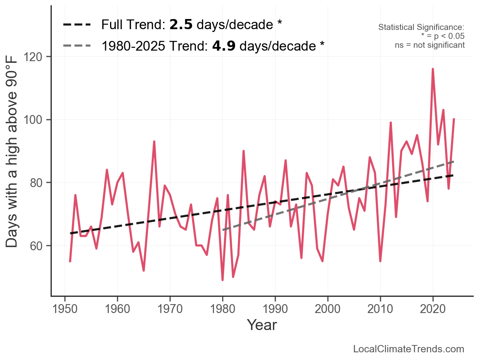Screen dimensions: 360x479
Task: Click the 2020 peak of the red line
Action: (x=433, y=69)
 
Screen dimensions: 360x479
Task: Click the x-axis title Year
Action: (x=262, y=325)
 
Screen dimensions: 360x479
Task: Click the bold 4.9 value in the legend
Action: (x=224, y=46)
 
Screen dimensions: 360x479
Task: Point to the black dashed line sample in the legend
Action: (x=77, y=25)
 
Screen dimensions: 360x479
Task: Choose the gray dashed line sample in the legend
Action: (x=77, y=46)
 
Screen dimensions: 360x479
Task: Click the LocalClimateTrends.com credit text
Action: (x=409, y=349)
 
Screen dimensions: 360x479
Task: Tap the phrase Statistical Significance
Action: (x=421, y=27)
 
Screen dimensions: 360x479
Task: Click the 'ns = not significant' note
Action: (x=430, y=45)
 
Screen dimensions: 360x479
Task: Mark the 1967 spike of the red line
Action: (x=154, y=142)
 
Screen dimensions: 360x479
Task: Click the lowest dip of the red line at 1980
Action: (x=223, y=280)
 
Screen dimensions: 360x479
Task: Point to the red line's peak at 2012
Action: (x=391, y=123)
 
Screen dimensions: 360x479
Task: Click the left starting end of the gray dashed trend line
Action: (x=223, y=230)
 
